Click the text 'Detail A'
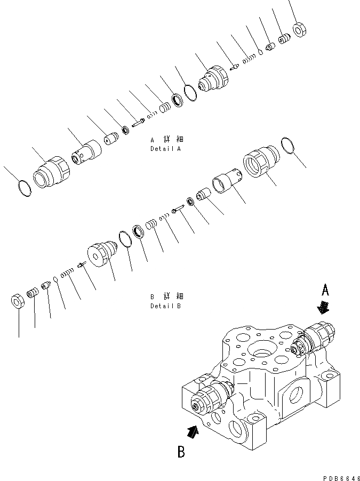coord(165,149)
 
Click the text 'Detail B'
coord(165,306)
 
